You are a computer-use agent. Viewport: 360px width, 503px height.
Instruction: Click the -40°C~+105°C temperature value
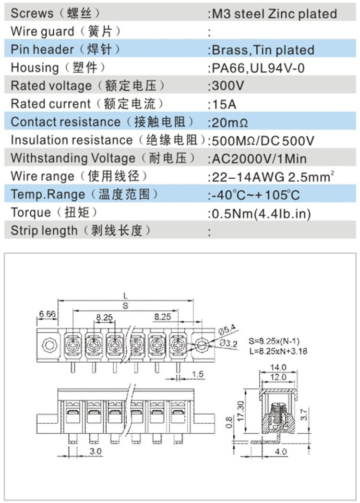click(x=255, y=195)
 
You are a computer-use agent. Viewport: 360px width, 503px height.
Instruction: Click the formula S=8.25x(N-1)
click(x=277, y=342)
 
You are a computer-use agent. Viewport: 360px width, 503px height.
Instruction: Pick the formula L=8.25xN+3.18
click(x=278, y=351)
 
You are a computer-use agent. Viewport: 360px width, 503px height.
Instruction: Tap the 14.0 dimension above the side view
click(x=277, y=368)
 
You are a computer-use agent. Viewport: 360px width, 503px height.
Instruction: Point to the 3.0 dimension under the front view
click(x=96, y=451)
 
